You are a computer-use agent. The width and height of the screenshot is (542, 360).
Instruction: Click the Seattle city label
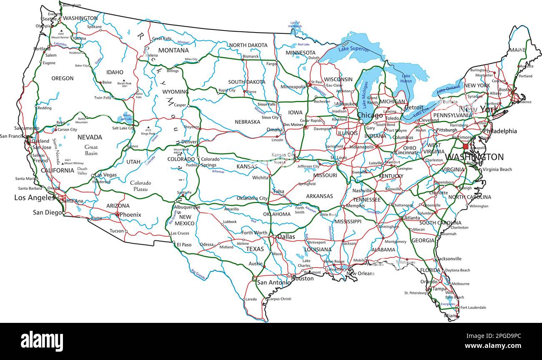click(x=49, y=19)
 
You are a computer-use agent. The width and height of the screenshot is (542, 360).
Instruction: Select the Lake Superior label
click(x=354, y=49)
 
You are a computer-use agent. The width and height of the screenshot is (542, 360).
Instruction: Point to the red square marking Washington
click(x=466, y=146)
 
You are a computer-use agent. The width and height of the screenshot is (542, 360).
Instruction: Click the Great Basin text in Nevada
click(x=91, y=150)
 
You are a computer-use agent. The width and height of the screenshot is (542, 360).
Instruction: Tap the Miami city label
click(x=450, y=316)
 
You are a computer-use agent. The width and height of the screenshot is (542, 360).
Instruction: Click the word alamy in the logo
click(x=42, y=341)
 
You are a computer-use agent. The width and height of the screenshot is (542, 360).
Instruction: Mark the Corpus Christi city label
click(x=280, y=299)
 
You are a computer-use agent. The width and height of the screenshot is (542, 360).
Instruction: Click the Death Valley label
click(x=82, y=171)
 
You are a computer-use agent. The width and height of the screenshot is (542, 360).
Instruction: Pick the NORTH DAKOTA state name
click(x=248, y=45)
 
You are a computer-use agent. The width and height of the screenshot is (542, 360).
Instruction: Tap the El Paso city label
click(x=184, y=244)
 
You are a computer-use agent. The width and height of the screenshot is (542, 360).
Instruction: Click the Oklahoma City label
click(x=252, y=199)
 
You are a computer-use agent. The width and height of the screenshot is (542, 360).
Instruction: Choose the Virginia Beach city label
click(x=497, y=169)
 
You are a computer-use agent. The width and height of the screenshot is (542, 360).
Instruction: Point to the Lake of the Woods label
click(x=295, y=25)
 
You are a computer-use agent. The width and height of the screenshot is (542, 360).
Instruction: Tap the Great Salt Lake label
click(x=127, y=116)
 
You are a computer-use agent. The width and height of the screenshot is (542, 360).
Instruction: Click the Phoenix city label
click(x=130, y=215)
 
